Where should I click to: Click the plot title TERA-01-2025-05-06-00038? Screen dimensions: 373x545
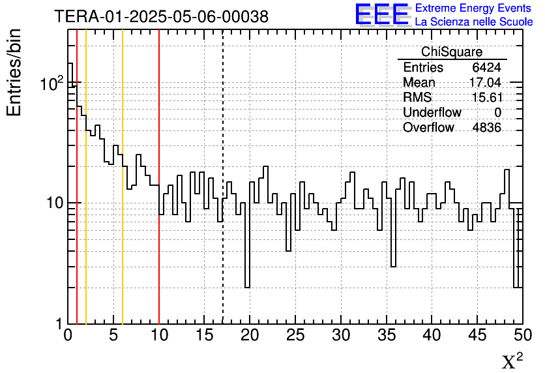pos(161,17)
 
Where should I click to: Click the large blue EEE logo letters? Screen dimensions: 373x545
pos(382,14)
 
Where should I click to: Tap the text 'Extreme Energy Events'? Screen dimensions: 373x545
pos(474,8)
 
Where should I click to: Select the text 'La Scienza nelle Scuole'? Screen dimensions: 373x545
pos(474,22)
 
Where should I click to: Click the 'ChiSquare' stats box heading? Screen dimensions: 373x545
pos(452,52)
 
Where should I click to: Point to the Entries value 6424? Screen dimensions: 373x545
pos(486,68)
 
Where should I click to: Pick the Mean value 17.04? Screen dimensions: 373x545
pos(485,83)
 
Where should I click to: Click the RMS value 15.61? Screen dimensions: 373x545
pos(486,98)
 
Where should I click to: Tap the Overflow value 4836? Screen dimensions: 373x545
pos(486,128)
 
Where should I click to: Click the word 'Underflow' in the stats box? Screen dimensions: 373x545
pos(432,113)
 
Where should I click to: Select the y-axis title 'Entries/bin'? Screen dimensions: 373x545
pos(14,72)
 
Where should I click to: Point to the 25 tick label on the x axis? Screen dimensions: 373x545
pos(295,336)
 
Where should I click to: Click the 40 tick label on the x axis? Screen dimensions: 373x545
pos(432,336)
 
